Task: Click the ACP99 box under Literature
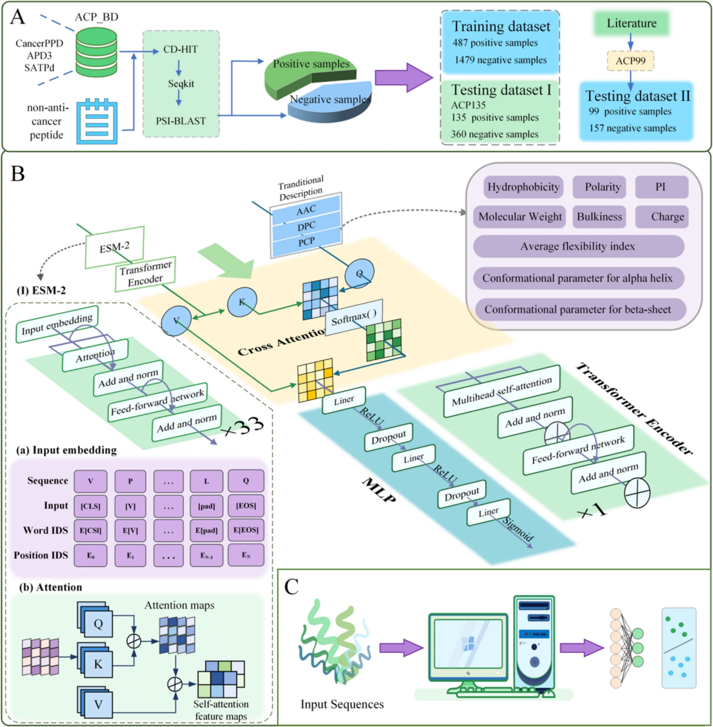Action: pyautogui.click(x=630, y=61)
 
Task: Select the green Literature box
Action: pyautogui.click(x=631, y=23)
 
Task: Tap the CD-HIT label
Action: pyautogui.click(x=181, y=49)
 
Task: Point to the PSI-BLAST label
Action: pyautogui.click(x=181, y=121)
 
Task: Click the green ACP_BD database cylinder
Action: pyautogui.click(x=96, y=53)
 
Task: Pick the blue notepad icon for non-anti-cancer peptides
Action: pyautogui.click(x=97, y=121)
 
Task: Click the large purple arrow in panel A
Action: pyautogui.click(x=403, y=77)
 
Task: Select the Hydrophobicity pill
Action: pyautogui.click(x=523, y=187)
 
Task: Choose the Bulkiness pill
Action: pyautogui.click(x=599, y=217)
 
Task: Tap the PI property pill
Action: pyautogui.click(x=661, y=187)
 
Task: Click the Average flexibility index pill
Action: pyautogui.click(x=578, y=246)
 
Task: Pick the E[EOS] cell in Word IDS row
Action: pyautogui.click(x=246, y=530)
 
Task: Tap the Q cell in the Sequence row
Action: pyautogui.click(x=246, y=481)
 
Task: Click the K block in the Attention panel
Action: pyautogui.click(x=98, y=664)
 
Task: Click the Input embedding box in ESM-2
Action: pyautogui.click(x=57, y=324)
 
